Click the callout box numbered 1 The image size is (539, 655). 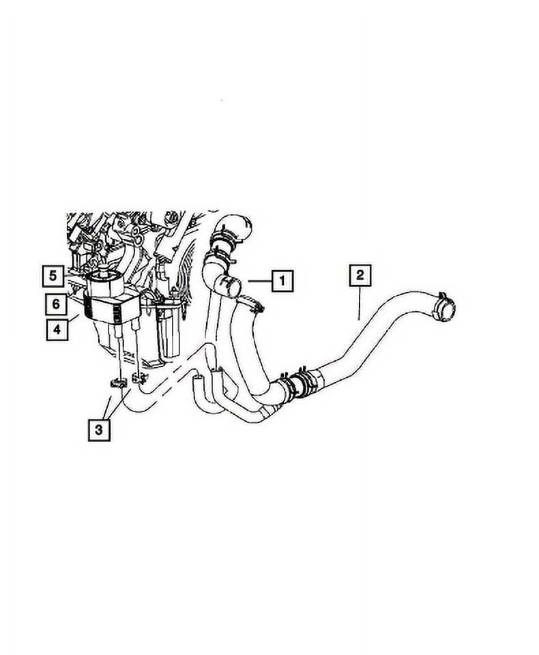282,280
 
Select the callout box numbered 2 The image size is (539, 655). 360,275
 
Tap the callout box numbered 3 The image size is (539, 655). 99,430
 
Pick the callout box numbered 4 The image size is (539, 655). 58,329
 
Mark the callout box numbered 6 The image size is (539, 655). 58,303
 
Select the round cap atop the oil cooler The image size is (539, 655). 104,276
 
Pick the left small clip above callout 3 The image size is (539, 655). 115,383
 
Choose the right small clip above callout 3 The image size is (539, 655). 140,377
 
